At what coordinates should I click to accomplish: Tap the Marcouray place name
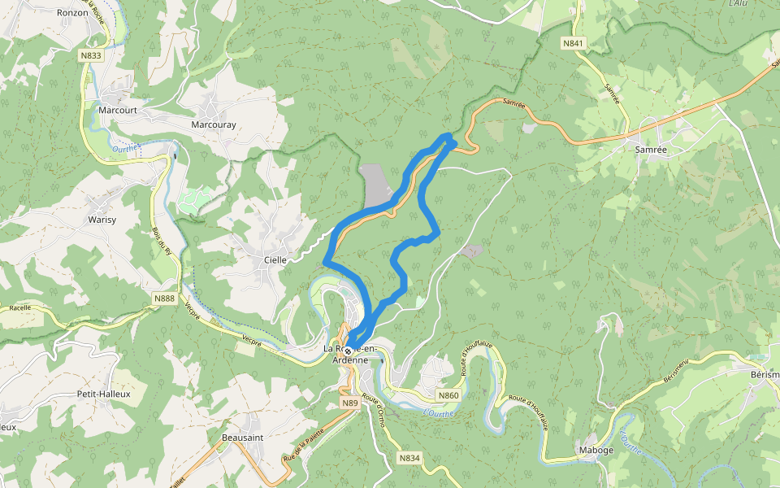(x=213, y=125)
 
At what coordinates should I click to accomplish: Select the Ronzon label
(x=72, y=13)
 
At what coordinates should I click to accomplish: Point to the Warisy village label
(x=102, y=220)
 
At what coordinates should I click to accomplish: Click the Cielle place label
(x=275, y=259)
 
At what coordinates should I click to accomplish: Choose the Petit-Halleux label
(x=103, y=394)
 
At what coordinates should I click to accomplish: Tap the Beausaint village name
(x=241, y=437)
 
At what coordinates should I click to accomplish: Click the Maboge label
(x=596, y=450)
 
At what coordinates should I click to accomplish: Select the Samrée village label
(x=650, y=149)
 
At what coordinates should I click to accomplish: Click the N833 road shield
(x=91, y=55)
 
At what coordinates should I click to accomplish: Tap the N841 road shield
(x=573, y=42)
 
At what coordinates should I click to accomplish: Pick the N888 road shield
(x=164, y=298)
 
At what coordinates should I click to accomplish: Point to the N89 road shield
(x=349, y=403)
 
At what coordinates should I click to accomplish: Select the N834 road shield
(x=409, y=458)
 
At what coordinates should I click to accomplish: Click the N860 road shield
(x=448, y=395)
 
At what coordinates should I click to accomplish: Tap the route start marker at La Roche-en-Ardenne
(x=348, y=351)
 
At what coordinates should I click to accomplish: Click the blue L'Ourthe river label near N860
(x=439, y=413)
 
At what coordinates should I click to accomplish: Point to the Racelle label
(x=19, y=308)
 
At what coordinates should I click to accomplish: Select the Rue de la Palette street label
(x=301, y=449)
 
